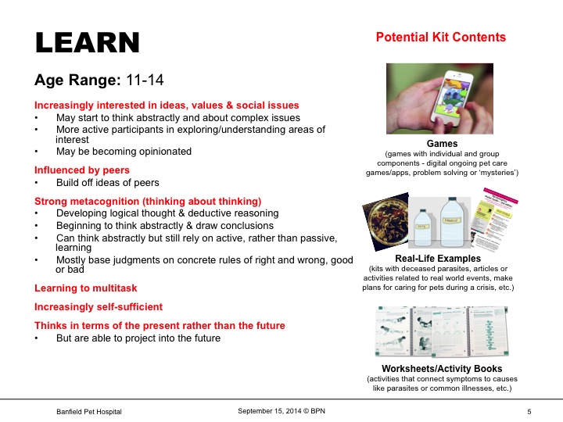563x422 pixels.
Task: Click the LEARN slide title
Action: coord(88,44)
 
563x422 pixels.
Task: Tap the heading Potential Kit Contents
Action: coord(441,38)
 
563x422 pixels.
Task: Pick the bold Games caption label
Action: coord(442,144)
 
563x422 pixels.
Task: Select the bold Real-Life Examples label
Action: coord(442,258)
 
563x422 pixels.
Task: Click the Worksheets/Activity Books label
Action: coord(442,368)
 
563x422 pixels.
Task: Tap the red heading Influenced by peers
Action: coord(82,170)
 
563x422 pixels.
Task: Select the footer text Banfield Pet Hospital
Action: coord(89,411)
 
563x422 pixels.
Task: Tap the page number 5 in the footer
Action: coord(529,411)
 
